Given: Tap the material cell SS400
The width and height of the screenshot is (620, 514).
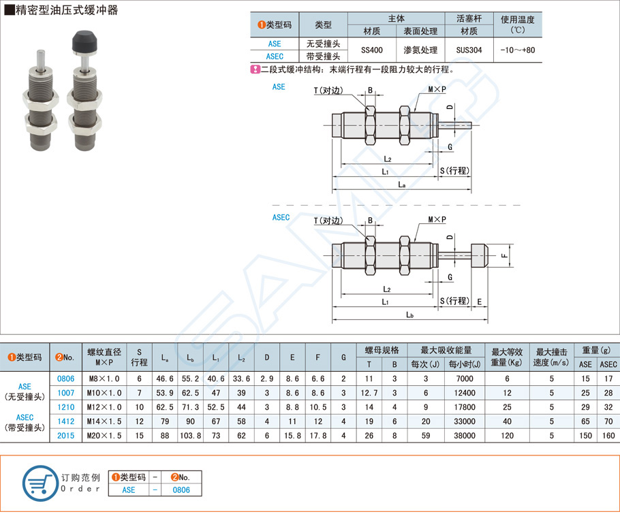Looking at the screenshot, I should pyautogui.click(x=371, y=50).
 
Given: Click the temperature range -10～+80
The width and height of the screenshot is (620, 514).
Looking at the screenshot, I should pyautogui.click(x=517, y=50).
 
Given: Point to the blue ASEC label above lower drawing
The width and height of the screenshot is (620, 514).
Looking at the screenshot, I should pyautogui.click(x=281, y=217).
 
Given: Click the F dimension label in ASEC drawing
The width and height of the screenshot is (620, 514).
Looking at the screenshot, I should pyautogui.click(x=503, y=256).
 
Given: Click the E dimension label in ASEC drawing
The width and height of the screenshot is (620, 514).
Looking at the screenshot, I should pyautogui.click(x=480, y=301).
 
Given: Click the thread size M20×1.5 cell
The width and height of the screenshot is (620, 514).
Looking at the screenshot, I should pyautogui.click(x=104, y=434).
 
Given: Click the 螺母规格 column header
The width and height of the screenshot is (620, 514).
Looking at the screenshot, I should pyautogui.click(x=382, y=350).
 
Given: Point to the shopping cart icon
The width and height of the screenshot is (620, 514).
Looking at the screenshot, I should pyautogui.click(x=40, y=483).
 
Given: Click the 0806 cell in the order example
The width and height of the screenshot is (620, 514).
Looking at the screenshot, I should pyautogui.click(x=180, y=489).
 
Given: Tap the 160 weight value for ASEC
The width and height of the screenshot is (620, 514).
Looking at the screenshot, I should pyautogui.click(x=608, y=434).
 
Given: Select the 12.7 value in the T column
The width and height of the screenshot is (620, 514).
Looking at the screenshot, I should pyautogui.click(x=369, y=392).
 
